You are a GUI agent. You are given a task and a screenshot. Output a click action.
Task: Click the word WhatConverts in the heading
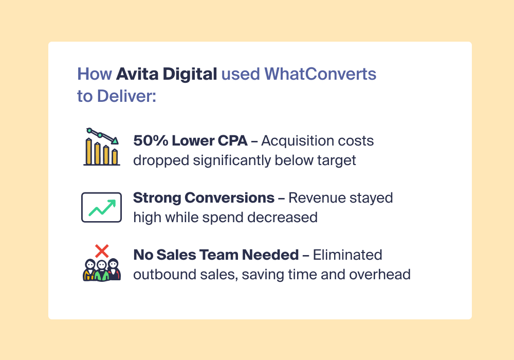coord(320,74)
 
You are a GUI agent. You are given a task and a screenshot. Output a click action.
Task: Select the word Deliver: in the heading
coord(126,96)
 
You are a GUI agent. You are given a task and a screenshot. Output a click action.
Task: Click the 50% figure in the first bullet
coord(151,140)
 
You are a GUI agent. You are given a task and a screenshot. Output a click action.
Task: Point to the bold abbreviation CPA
coord(232,140)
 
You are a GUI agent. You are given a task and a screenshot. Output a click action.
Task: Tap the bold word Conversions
coord(229,197)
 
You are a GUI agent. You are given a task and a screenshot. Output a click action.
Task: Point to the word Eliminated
coord(347,255)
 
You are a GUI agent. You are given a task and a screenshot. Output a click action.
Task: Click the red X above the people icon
coord(102,251)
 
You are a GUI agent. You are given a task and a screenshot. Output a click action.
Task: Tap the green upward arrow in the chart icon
coord(102,207)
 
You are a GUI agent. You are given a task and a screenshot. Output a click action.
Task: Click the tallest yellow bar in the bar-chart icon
coord(88,151)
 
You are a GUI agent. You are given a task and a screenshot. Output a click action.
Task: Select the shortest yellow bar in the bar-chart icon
coord(115,157)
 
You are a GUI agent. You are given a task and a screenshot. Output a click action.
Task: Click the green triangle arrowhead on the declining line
coord(115,141)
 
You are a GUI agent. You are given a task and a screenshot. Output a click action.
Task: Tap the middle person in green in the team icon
coord(102,271)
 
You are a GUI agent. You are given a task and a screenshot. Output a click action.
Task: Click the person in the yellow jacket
coord(89,270)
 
